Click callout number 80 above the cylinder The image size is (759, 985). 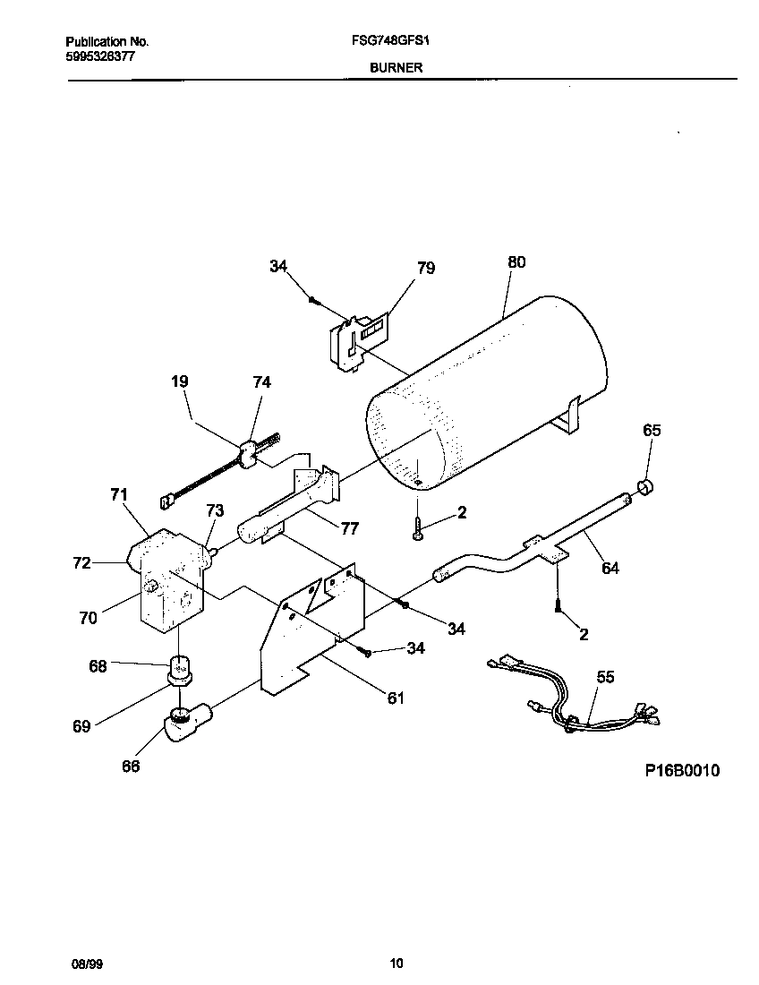tap(516, 262)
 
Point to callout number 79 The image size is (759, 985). tap(426, 268)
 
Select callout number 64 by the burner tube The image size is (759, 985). tap(610, 568)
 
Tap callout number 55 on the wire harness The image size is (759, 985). tap(605, 678)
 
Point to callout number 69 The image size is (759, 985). tap(81, 726)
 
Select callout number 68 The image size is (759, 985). tap(98, 666)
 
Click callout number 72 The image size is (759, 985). tap(81, 562)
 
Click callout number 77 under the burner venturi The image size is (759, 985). tap(350, 529)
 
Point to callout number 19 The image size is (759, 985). tap(179, 381)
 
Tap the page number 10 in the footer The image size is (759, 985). tap(397, 964)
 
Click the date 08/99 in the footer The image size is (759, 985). tap(82, 964)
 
